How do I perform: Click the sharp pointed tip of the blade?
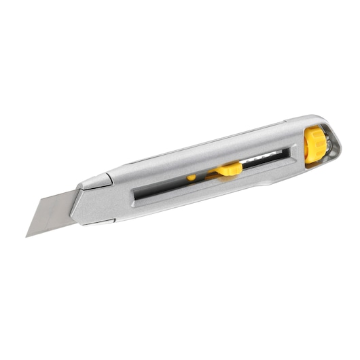tap(27, 236)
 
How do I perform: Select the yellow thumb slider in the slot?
tap(228, 169)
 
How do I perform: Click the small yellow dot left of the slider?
tap(192, 178)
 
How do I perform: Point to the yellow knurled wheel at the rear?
tap(314, 145)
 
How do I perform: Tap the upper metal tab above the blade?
tap(94, 180)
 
